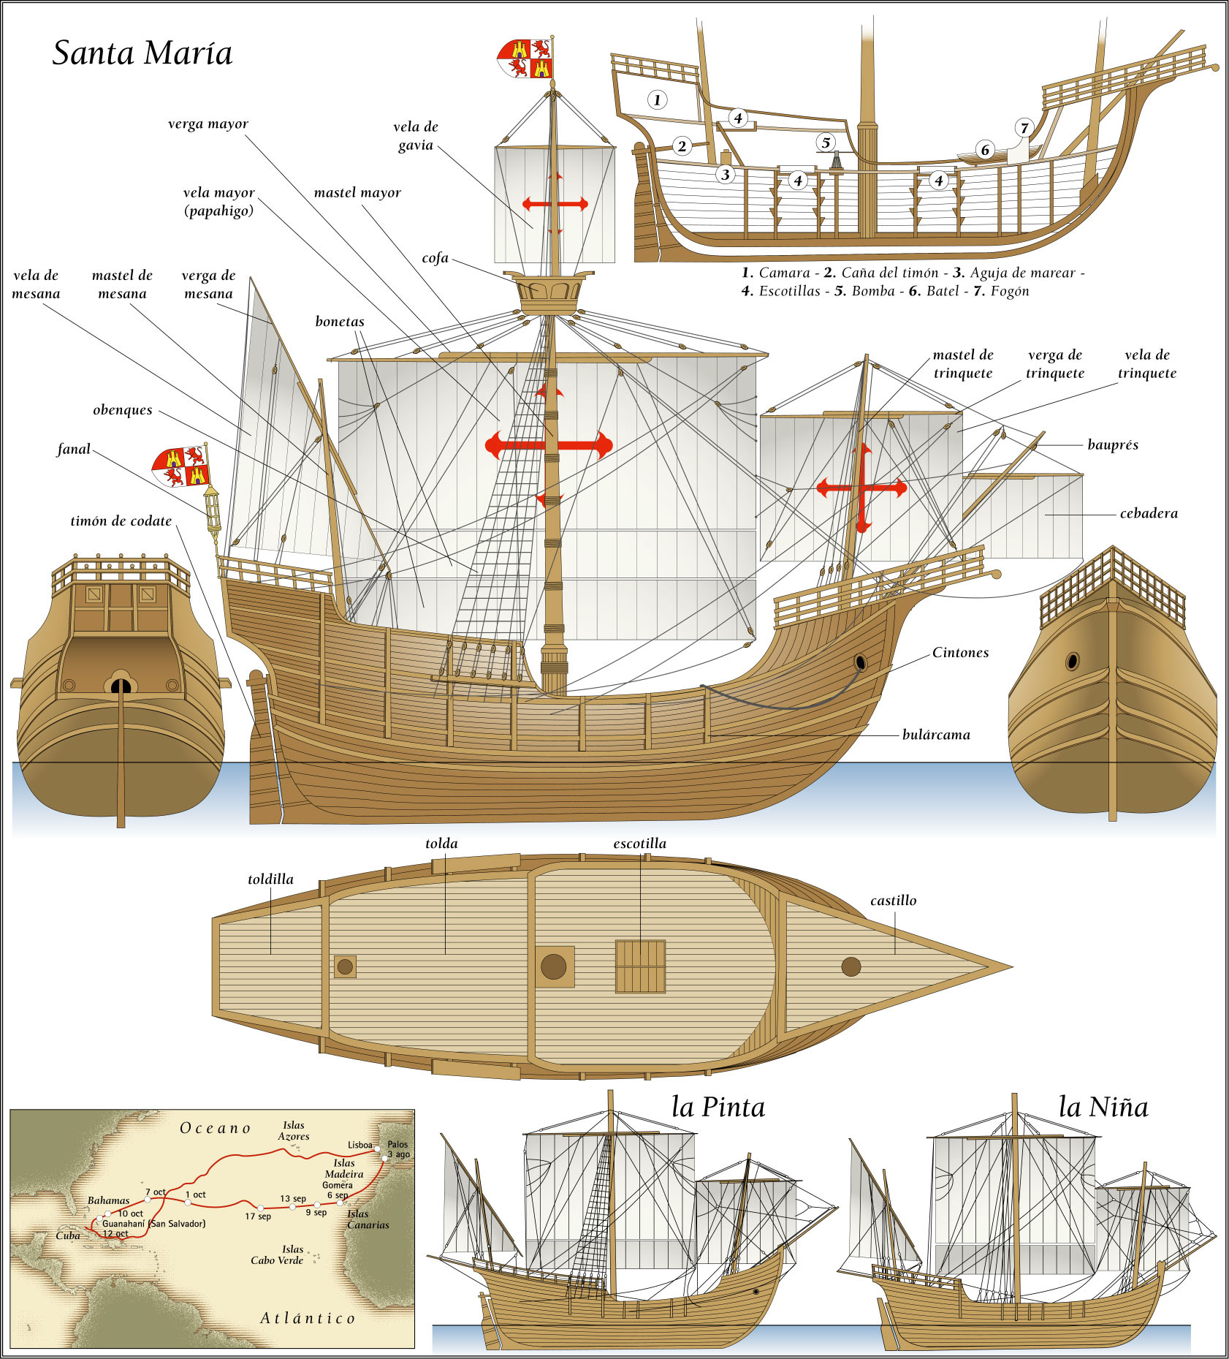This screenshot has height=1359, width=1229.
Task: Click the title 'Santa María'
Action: (142, 53)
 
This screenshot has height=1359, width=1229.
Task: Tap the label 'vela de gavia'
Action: (416, 136)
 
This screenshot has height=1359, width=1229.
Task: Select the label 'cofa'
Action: (435, 258)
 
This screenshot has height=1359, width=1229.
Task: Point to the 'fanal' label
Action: (74, 449)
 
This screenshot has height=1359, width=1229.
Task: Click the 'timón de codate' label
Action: (121, 521)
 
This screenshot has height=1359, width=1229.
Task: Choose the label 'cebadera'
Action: (1149, 513)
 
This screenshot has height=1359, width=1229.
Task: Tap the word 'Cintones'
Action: (960, 653)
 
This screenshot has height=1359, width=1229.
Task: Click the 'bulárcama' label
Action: (936, 735)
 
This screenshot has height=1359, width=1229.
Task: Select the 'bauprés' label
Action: (1112, 444)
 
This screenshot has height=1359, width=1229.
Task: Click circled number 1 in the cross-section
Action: (657, 100)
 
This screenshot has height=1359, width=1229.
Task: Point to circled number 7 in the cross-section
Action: (1024, 128)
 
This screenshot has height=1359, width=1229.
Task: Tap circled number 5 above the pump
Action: (826, 142)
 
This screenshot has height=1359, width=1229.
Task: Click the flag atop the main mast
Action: (525, 58)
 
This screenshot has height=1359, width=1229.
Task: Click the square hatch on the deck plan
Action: (640, 966)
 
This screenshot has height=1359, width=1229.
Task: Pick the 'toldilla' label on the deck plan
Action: (270, 879)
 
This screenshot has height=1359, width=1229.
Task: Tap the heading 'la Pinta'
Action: (718, 1108)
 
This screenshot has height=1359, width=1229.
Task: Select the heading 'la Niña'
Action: (1103, 1107)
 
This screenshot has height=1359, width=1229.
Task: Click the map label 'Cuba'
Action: (68, 1236)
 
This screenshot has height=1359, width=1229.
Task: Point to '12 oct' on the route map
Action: (115, 1234)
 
